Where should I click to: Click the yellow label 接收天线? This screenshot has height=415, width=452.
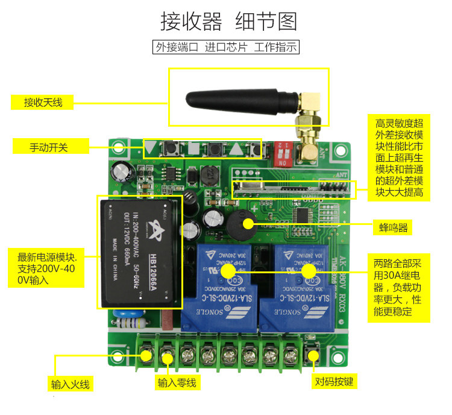pos(43,102)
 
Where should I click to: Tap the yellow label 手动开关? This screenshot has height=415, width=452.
pos(51,146)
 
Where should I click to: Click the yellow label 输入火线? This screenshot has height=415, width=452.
pos(71,384)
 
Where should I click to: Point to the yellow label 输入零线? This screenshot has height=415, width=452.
pos(177,382)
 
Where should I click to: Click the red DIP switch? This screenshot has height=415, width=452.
pos(283,156)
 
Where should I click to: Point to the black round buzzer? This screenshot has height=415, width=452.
pos(239,224)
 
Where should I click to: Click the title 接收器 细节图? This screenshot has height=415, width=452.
pos(228,22)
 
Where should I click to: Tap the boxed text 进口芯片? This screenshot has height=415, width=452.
pos(226,47)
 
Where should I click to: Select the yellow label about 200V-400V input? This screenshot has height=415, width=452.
pos(51,268)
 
